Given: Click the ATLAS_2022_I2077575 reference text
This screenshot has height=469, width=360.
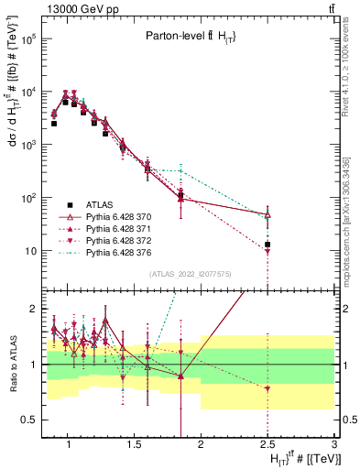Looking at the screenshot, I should [x=189, y=273].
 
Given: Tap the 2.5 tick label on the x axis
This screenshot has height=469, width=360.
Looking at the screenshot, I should [x=267, y=445].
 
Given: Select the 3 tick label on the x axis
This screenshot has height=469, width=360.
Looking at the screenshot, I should [x=333, y=445].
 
